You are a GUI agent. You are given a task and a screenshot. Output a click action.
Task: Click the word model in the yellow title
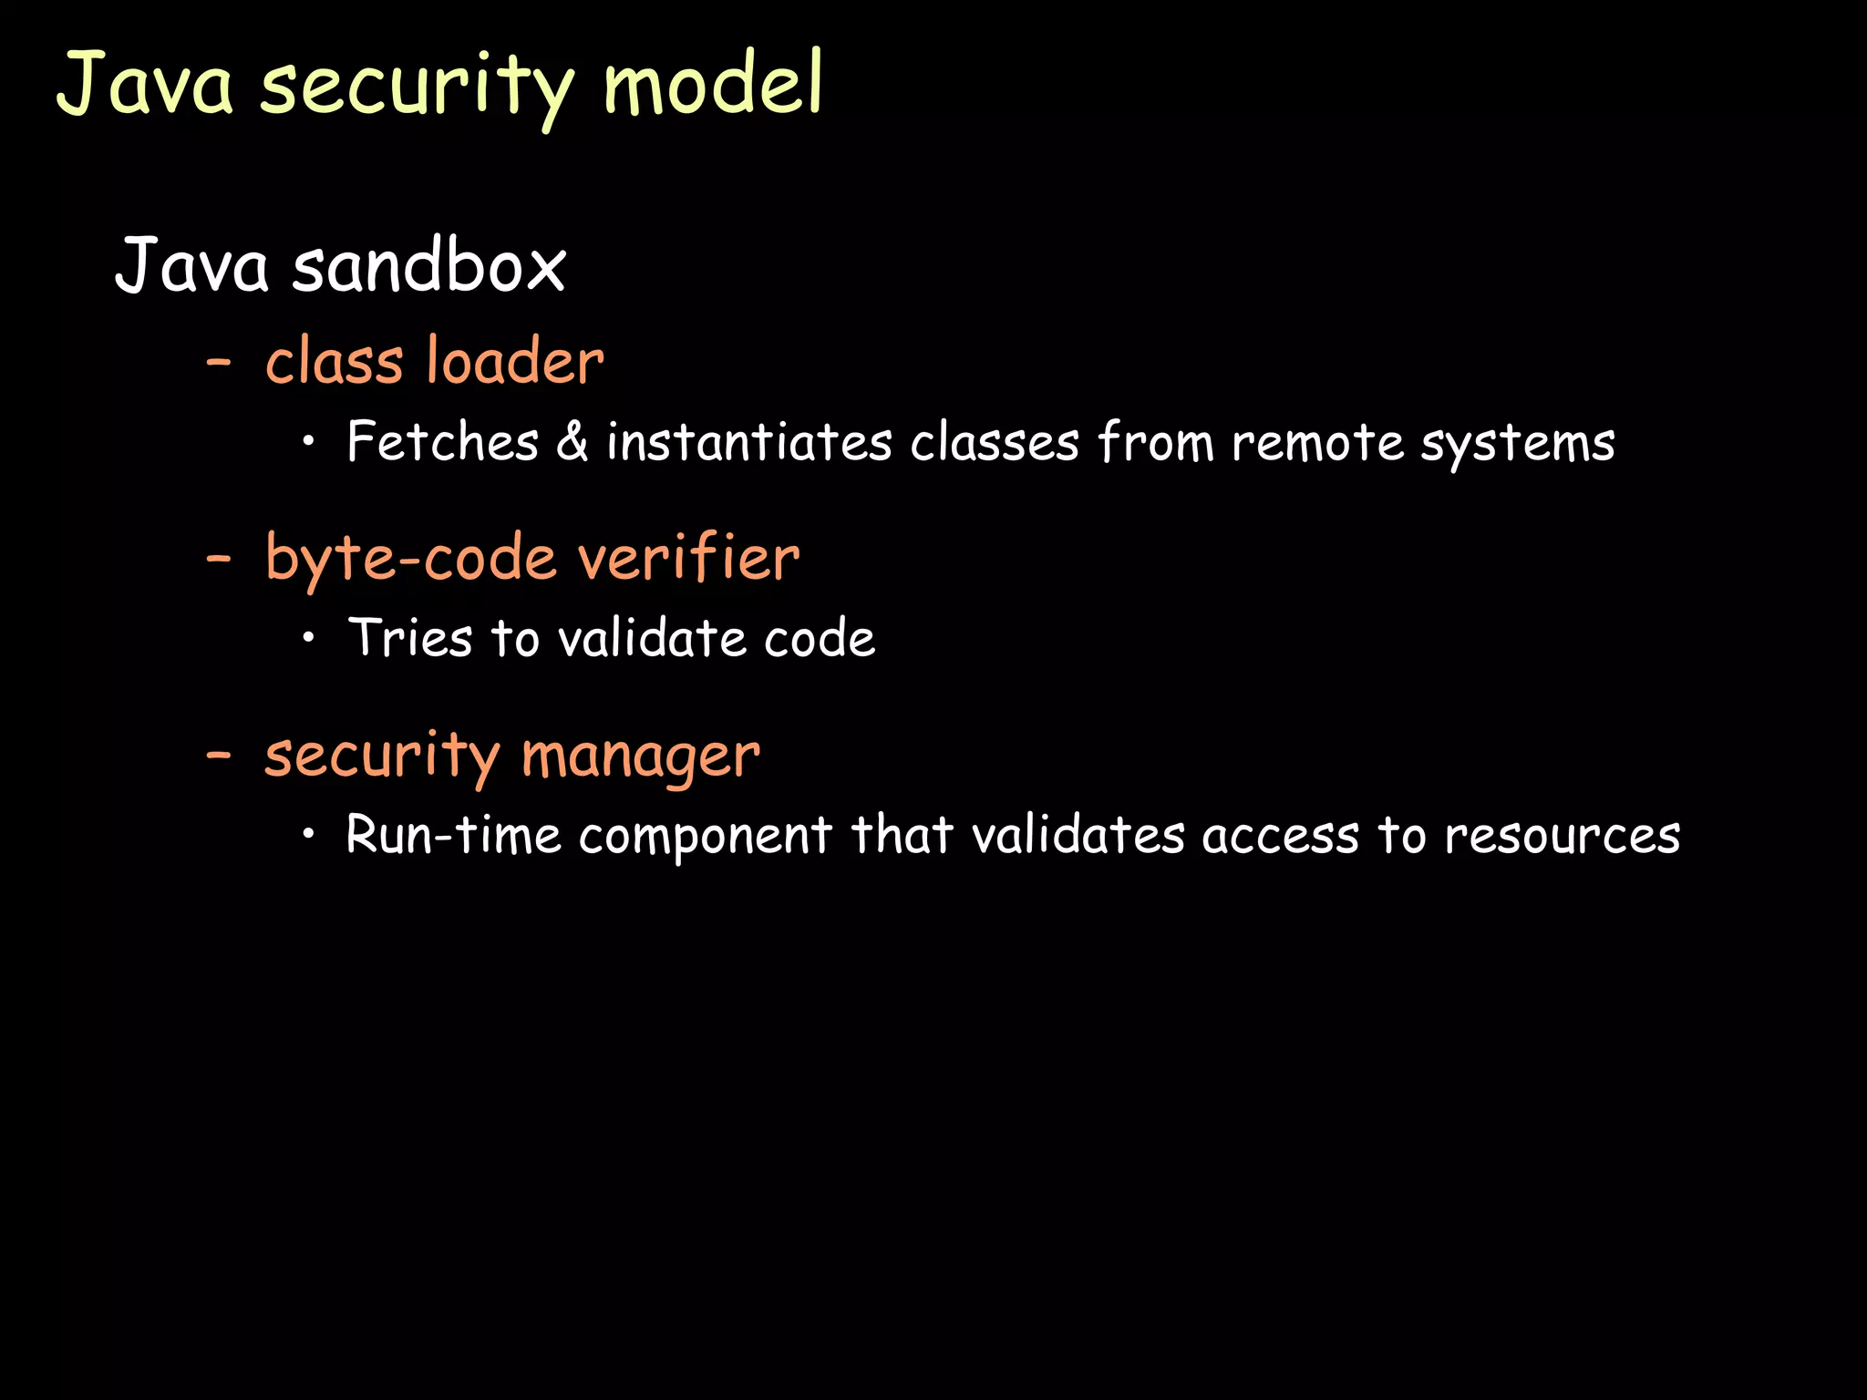click(x=713, y=84)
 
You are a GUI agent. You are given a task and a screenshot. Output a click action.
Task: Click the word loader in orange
click(x=515, y=361)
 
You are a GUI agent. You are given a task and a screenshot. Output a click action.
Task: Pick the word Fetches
click(x=443, y=443)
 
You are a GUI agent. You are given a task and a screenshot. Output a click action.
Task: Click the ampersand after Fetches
click(x=572, y=443)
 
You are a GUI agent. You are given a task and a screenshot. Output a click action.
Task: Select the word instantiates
click(x=749, y=443)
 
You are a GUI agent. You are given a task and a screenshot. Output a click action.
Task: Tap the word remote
click(x=1316, y=443)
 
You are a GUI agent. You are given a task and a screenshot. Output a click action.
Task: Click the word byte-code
click(x=411, y=559)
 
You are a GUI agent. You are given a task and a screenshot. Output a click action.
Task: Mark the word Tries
click(x=410, y=637)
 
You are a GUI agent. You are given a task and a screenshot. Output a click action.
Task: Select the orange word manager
click(x=640, y=757)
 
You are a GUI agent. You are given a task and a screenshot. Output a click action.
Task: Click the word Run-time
click(x=453, y=835)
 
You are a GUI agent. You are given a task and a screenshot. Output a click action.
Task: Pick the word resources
click(x=1563, y=835)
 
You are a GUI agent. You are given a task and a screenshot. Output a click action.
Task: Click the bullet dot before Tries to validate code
click(x=310, y=638)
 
